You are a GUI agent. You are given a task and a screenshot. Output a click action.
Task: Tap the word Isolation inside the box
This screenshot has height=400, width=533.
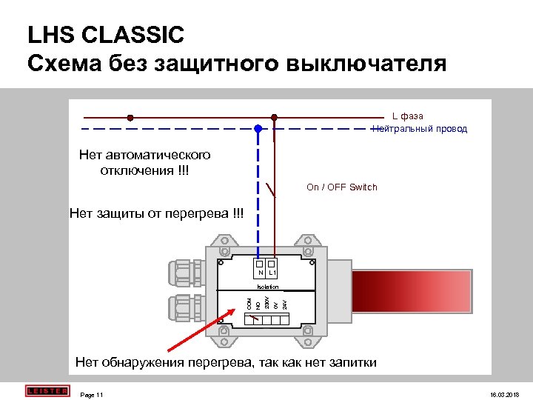[267, 286]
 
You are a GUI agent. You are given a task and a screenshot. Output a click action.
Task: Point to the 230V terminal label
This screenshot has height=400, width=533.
[266, 302]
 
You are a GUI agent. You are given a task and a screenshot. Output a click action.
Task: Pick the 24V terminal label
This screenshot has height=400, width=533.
[285, 302]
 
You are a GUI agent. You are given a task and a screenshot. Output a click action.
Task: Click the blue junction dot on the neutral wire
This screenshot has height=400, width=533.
[258, 128]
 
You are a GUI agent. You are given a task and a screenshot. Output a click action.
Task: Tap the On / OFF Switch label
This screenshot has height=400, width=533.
[341, 187]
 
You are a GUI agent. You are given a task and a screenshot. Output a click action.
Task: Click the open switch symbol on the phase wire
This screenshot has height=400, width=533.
[272, 189]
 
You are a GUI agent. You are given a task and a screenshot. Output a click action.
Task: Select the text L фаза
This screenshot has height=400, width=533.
[408, 116]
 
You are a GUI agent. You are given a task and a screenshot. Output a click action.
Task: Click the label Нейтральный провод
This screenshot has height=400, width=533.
[420, 129]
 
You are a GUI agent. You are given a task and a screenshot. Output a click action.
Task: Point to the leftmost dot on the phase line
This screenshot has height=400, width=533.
[130, 117]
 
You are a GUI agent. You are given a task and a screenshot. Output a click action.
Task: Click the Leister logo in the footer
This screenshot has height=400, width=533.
[47, 390]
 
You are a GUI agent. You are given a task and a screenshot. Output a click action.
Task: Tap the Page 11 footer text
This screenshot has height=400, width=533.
[91, 395]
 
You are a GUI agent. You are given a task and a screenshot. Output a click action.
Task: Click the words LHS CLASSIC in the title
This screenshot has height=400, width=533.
[105, 35]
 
